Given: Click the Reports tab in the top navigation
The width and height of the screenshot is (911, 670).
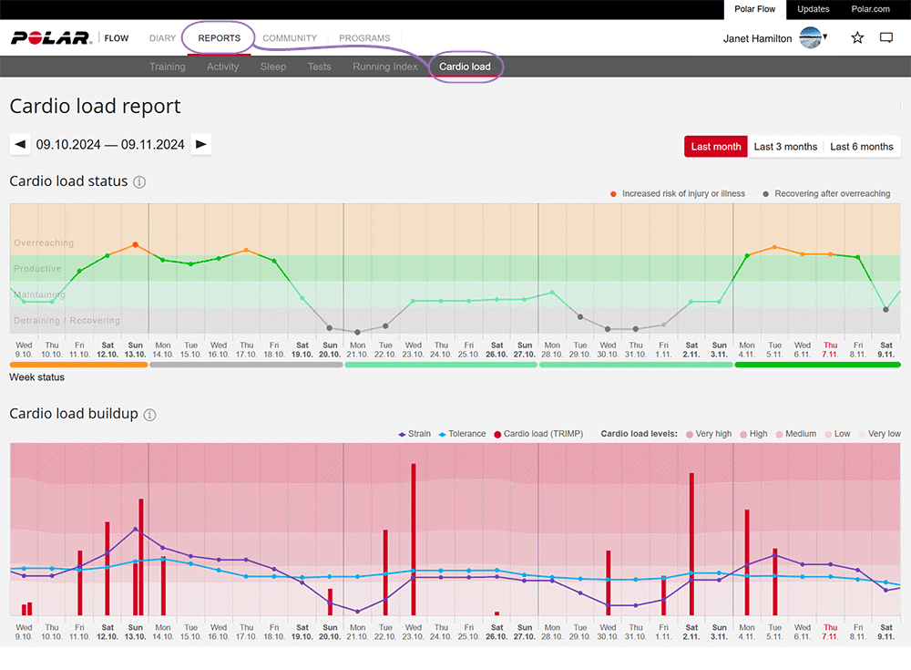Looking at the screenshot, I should pos(219,38).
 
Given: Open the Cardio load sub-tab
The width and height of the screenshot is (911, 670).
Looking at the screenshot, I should pos(465,67).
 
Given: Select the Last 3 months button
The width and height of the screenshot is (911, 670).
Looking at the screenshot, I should pos(785,147).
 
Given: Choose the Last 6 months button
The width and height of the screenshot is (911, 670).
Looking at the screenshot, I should pos(861,147).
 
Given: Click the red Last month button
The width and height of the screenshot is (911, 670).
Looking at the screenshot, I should pos(716,147).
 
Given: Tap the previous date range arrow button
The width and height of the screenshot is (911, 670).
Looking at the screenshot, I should pos(20,144).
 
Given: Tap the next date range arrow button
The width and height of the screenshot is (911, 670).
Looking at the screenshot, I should pos(201,144).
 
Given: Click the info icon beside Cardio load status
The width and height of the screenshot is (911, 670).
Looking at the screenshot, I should pos(139,181).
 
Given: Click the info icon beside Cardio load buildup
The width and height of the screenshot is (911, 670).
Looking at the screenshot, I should pos(149,415).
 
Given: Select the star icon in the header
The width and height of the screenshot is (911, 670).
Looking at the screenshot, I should pos(857,38).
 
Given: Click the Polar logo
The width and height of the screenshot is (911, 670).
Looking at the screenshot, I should pos(51,38).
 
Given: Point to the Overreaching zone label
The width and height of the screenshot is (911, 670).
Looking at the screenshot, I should pos(44,243).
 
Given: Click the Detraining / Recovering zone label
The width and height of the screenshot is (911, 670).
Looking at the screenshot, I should pos(67,321).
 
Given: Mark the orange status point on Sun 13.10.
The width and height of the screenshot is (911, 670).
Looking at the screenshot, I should pos(135,244).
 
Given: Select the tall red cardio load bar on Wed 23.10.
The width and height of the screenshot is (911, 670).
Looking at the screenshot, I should pos(414,538).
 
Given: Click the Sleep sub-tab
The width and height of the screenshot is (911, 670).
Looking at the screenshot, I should pos(272,67).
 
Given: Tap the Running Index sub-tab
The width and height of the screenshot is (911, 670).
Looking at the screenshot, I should pos(384,67).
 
